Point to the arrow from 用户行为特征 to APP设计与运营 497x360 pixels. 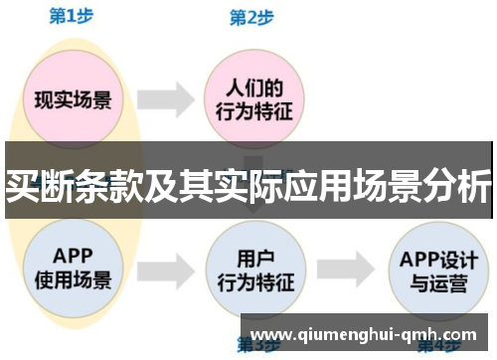coord(344,266)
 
